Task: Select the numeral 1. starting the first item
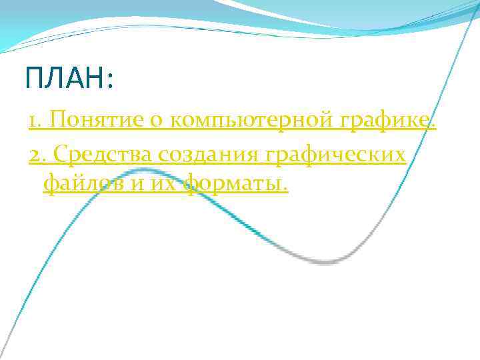pyautogui.click(x=35, y=121)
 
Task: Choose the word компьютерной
pyautogui.click(x=253, y=121)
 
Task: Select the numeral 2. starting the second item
pyautogui.click(x=37, y=154)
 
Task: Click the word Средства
pyautogui.click(x=105, y=154)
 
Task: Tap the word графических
pyautogui.click(x=336, y=154)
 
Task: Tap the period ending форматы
pyautogui.click(x=286, y=189)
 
